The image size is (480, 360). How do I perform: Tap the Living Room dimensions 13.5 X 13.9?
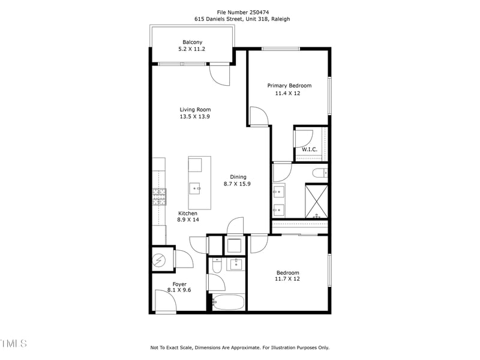click(x=195, y=117)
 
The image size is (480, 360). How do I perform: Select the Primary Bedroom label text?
click(x=289, y=86)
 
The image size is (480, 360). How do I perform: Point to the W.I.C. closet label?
click(x=310, y=149)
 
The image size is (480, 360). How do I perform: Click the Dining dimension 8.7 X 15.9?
click(x=238, y=184)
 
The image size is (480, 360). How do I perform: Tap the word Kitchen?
click(x=187, y=213)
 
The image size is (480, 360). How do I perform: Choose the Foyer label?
click(x=179, y=284)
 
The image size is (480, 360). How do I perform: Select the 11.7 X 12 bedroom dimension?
click(x=287, y=279)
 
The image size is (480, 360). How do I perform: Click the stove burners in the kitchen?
click(x=159, y=196)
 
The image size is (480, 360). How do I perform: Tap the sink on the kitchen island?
click(x=195, y=188)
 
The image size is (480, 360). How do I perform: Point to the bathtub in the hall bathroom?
click(x=228, y=302)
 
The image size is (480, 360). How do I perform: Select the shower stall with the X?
click(x=316, y=202)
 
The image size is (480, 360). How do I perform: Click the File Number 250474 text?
click(x=242, y=11)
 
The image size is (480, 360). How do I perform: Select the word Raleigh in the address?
click(x=280, y=19)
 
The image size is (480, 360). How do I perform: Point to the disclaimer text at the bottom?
click(x=239, y=347)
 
